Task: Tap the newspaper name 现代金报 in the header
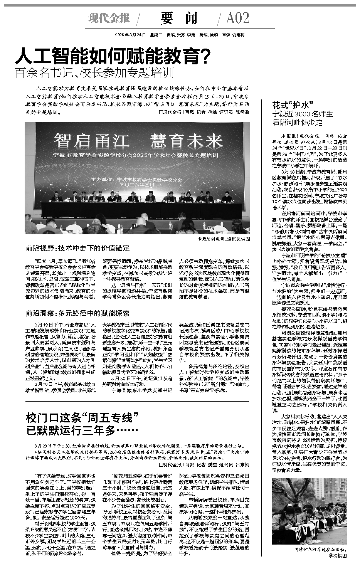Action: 109,18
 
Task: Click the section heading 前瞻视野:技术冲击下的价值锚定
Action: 77,248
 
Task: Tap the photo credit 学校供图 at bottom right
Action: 338,556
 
